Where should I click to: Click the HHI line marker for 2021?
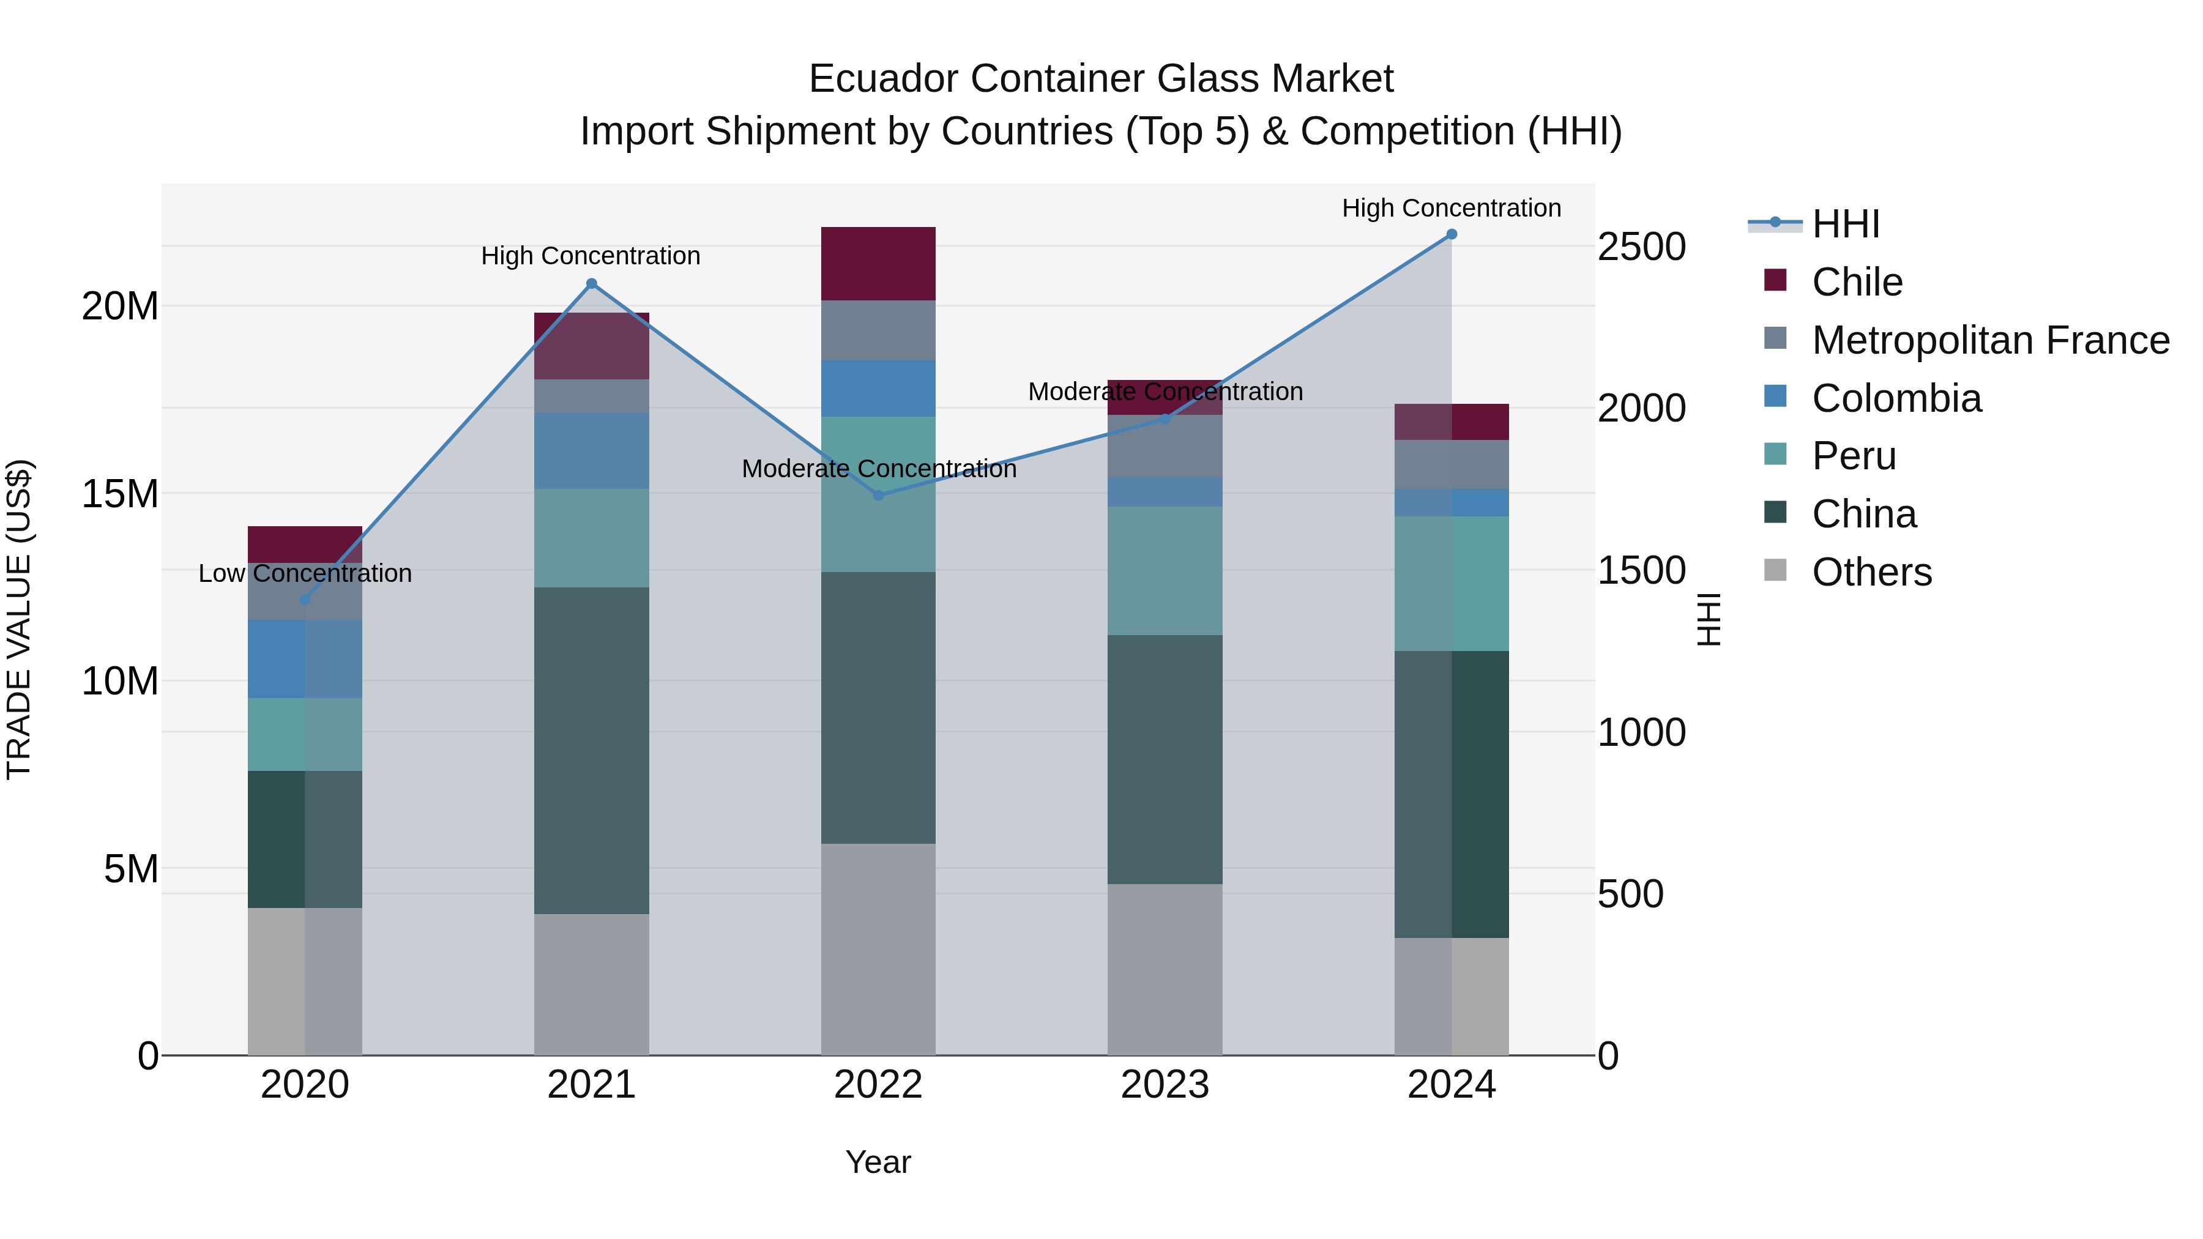(591, 284)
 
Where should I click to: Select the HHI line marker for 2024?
(1452, 234)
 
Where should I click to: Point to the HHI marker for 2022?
(878, 495)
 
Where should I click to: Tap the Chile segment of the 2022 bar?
(878, 263)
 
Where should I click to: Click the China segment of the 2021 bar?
(591, 750)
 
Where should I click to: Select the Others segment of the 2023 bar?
(1165, 969)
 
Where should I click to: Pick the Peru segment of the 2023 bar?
(1165, 570)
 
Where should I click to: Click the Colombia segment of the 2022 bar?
(878, 388)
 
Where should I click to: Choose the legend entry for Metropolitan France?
(1989, 340)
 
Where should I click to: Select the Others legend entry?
(1871, 572)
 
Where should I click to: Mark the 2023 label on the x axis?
(1165, 1085)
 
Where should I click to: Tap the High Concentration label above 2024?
(1452, 208)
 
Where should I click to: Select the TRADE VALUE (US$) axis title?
(20, 619)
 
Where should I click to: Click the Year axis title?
(878, 1162)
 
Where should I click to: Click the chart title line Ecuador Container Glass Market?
(1101, 79)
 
